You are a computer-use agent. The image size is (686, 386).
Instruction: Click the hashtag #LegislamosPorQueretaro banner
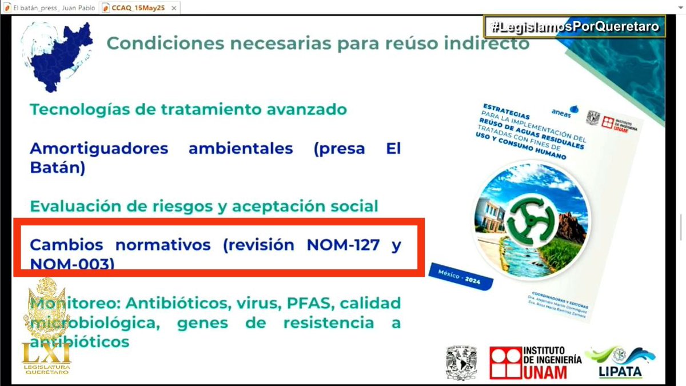pos(575,27)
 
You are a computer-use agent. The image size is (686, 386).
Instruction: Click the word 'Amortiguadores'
pos(99,149)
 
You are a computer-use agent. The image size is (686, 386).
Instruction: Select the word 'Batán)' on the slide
pos(57,169)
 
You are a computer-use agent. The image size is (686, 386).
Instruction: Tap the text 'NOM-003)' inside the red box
pos(72,264)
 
